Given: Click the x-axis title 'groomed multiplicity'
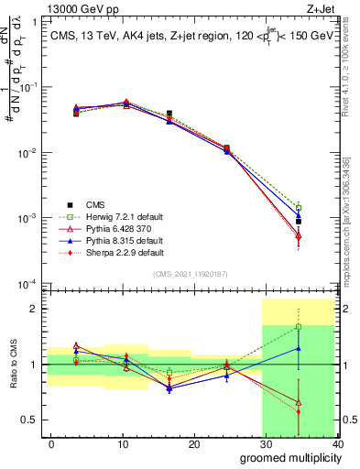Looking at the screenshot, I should click(x=285, y=458).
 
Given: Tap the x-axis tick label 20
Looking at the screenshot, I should click(x=194, y=444).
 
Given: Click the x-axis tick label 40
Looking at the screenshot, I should click(x=338, y=444).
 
